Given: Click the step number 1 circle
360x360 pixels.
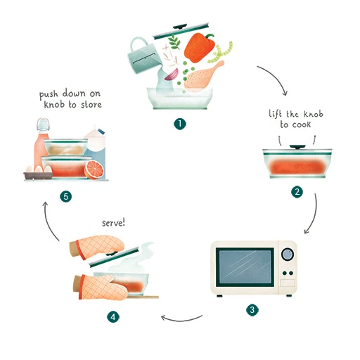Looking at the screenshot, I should pyautogui.click(x=180, y=123).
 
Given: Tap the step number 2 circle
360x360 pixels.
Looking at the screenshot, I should pyautogui.click(x=297, y=191).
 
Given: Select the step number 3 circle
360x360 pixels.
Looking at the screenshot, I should pyautogui.click(x=252, y=309).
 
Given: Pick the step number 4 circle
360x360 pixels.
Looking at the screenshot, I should pyautogui.click(x=112, y=317).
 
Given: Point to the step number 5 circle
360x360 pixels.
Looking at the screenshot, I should pyautogui.click(x=66, y=197).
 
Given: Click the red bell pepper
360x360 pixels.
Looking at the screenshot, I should pyautogui.click(x=200, y=48).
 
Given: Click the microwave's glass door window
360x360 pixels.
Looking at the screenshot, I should pyautogui.click(x=244, y=267).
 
